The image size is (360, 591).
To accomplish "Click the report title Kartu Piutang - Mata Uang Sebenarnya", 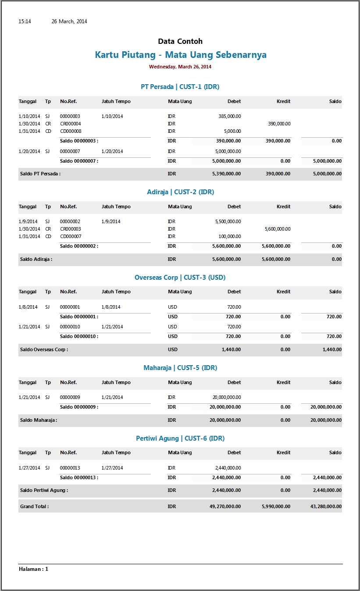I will click(x=180, y=55).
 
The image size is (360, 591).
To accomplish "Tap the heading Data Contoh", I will click(x=180, y=41).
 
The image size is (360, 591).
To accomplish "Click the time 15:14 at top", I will click(x=25, y=21).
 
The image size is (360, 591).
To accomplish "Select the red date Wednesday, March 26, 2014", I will click(x=180, y=67).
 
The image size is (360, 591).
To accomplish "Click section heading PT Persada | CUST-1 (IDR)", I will click(x=180, y=87).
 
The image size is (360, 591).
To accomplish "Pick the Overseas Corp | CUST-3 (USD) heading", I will click(x=180, y=278).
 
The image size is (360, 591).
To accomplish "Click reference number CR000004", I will click(x=71, y=124).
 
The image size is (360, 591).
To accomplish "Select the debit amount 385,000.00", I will click(x=229, y=116).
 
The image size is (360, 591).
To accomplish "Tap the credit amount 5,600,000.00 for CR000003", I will click(x=278, y=229).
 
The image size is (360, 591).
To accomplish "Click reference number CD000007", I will click(x=71, y=236).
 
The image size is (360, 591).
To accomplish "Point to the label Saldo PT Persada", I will click(x=40, y=174).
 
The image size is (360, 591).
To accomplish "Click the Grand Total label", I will click(x=34, y=506).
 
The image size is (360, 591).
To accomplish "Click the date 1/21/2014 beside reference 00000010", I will click(x=29, y=327).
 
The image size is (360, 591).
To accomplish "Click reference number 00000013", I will click(x=70, y=468).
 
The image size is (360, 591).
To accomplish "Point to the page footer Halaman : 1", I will click(x=34, y=569).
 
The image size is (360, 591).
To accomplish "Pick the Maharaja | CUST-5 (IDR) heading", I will click(x=180, y=368).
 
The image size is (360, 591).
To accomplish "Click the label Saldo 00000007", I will click(x=79, y=161).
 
